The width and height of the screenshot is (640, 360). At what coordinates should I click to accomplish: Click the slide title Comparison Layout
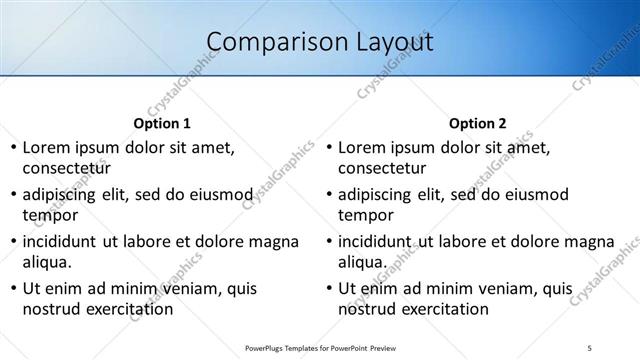(x=319, y=42)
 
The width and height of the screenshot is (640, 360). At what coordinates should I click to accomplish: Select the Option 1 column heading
(x=162, y=124)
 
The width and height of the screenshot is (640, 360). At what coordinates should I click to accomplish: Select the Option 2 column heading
(x=478, y=124)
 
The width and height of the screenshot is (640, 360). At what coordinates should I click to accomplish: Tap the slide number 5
(x=591, y=348)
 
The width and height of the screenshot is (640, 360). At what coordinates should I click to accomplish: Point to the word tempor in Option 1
(x=50, y=215)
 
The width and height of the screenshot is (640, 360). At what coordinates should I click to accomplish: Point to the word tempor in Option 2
(x=366, y=215)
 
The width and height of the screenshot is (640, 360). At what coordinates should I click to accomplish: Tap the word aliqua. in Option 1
(x=47, y=262)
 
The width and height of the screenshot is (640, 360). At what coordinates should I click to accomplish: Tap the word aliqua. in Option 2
(x=363, y=262)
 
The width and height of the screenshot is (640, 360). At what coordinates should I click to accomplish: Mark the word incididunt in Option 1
(x=59, y=241)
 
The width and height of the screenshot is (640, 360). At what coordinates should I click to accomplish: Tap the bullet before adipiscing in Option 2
(x=329, y=195)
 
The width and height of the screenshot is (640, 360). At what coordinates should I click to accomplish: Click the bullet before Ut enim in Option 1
(x=13, y=289)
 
